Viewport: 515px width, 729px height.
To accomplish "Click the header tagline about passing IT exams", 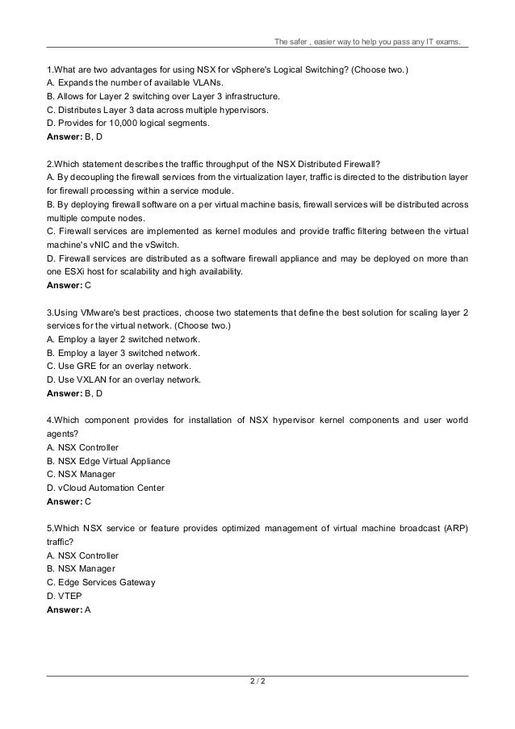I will tap(368, 43).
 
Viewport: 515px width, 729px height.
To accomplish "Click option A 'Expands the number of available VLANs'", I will tap(136, 82).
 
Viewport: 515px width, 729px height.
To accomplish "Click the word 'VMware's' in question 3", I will tap(100, 313).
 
